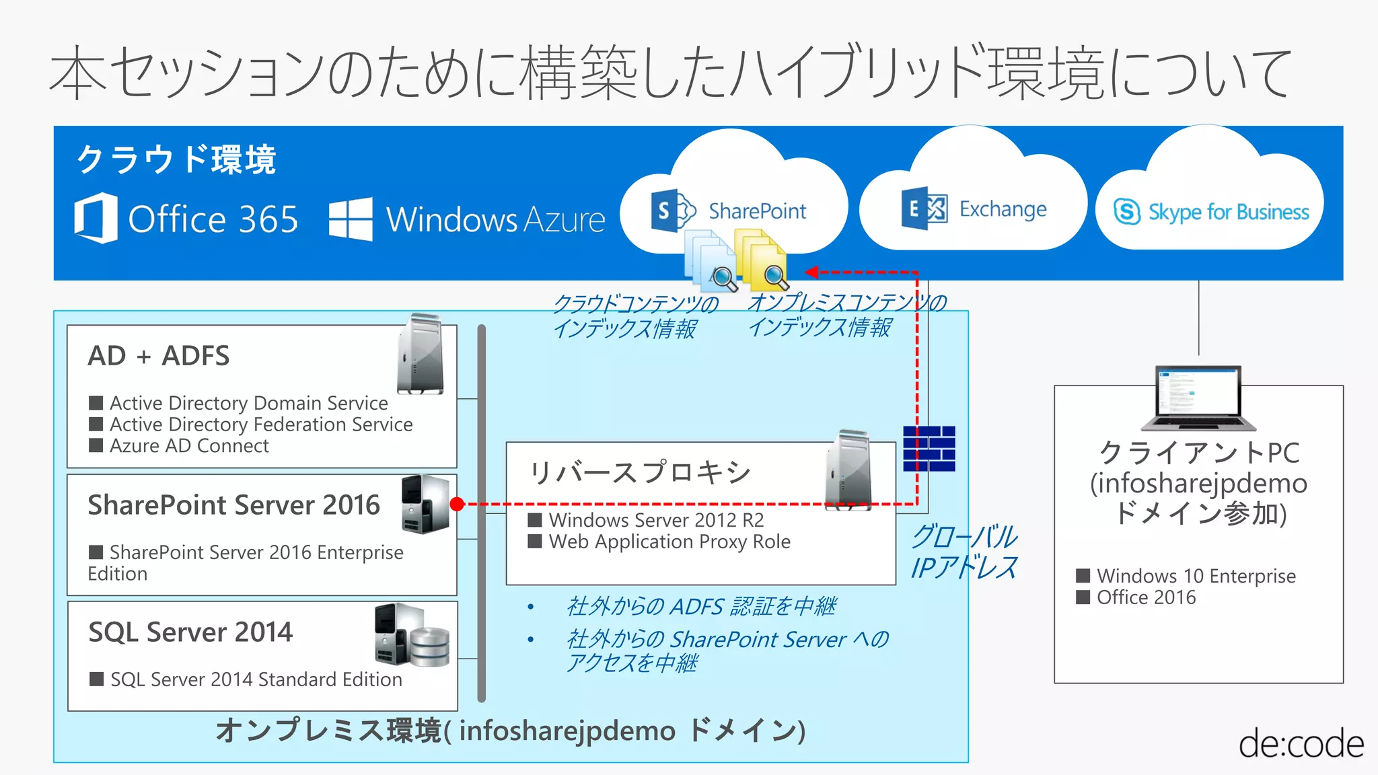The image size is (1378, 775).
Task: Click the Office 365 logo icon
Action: (x=96, y=218)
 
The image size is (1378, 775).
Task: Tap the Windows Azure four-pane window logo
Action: (x=350, y=219)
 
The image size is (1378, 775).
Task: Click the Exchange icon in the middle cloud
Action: (x=924, y=209)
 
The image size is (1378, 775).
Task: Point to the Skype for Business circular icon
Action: (x=1127, y=212)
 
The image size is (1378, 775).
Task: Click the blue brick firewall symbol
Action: (x=929, y=448)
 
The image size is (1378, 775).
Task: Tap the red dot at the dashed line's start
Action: (x=457, y=504)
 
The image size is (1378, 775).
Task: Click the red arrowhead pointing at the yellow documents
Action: (x=811, y=272)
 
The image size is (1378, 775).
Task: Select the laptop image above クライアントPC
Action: (x=1198, y=398)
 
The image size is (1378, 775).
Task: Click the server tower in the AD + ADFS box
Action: (x=421, y=355)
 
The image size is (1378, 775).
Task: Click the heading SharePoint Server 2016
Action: (x=233, y=505)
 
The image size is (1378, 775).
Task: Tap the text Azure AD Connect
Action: (x=189, y=446)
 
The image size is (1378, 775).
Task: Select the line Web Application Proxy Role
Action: (x=669, y=542)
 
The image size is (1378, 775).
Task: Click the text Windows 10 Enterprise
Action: (x=1196, y=576)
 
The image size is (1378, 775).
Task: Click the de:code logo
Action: (x=1301, y=744)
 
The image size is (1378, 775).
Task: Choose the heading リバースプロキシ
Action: (x=639, y=472)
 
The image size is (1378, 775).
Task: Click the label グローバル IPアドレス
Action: (x=964, y=552)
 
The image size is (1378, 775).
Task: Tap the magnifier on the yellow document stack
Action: (x=774, y=275)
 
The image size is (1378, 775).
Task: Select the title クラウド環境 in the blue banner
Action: (x=176, y=159)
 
